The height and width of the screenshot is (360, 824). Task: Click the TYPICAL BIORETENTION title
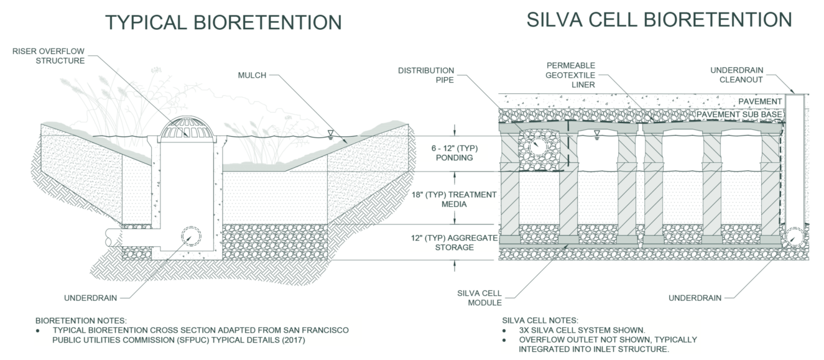click(223, 22)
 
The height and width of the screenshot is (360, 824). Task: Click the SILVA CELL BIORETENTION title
click(659, 19)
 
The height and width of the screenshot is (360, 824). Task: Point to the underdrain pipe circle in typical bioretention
click(190, 238)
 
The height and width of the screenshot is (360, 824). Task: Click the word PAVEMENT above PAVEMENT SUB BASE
click(760, 101)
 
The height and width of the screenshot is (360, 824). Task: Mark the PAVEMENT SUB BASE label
click(739, 114)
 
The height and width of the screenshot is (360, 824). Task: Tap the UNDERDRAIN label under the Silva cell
click(695, 298)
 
